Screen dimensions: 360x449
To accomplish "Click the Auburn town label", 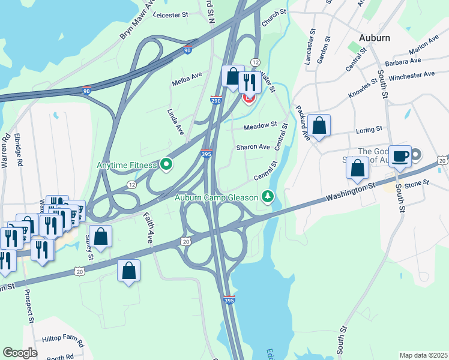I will tap(374, 37).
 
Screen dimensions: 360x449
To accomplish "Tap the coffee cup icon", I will tap(400, 157).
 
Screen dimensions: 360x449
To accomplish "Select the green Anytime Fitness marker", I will tap(166, 164).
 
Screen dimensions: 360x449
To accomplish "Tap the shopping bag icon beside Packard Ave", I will tap(320, 126).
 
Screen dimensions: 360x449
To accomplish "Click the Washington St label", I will tap(351, 193).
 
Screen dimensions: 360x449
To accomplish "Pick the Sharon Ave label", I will tap(253, 147).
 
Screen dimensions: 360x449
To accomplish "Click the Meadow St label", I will tap(261, 126).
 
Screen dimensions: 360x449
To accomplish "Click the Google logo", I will tap(20, 352).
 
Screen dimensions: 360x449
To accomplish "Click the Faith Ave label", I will tap(148, 226).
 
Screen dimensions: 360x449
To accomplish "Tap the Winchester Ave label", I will tap(411, 75).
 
